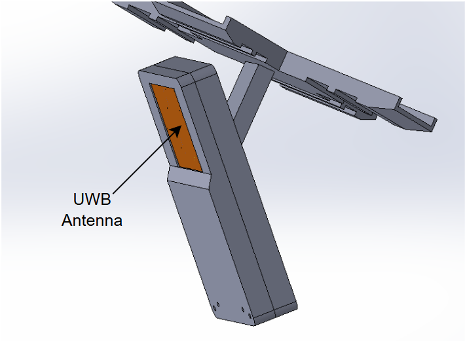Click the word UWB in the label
(x=91, y=198)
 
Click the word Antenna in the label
(x=92, y=220)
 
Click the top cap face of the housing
(x=174, y=69)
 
